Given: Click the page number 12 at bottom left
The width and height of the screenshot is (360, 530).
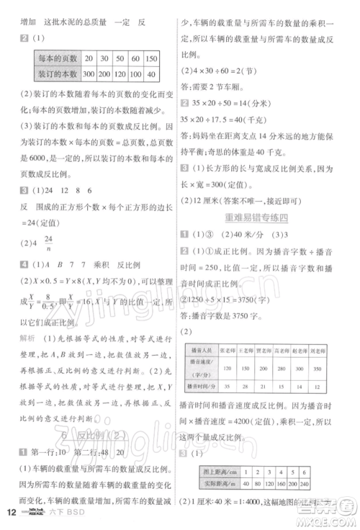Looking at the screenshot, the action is pyautogui.click(x=12, y=513).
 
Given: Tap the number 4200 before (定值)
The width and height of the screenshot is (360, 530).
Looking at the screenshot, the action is pyautogui.click(x=282, y=418).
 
